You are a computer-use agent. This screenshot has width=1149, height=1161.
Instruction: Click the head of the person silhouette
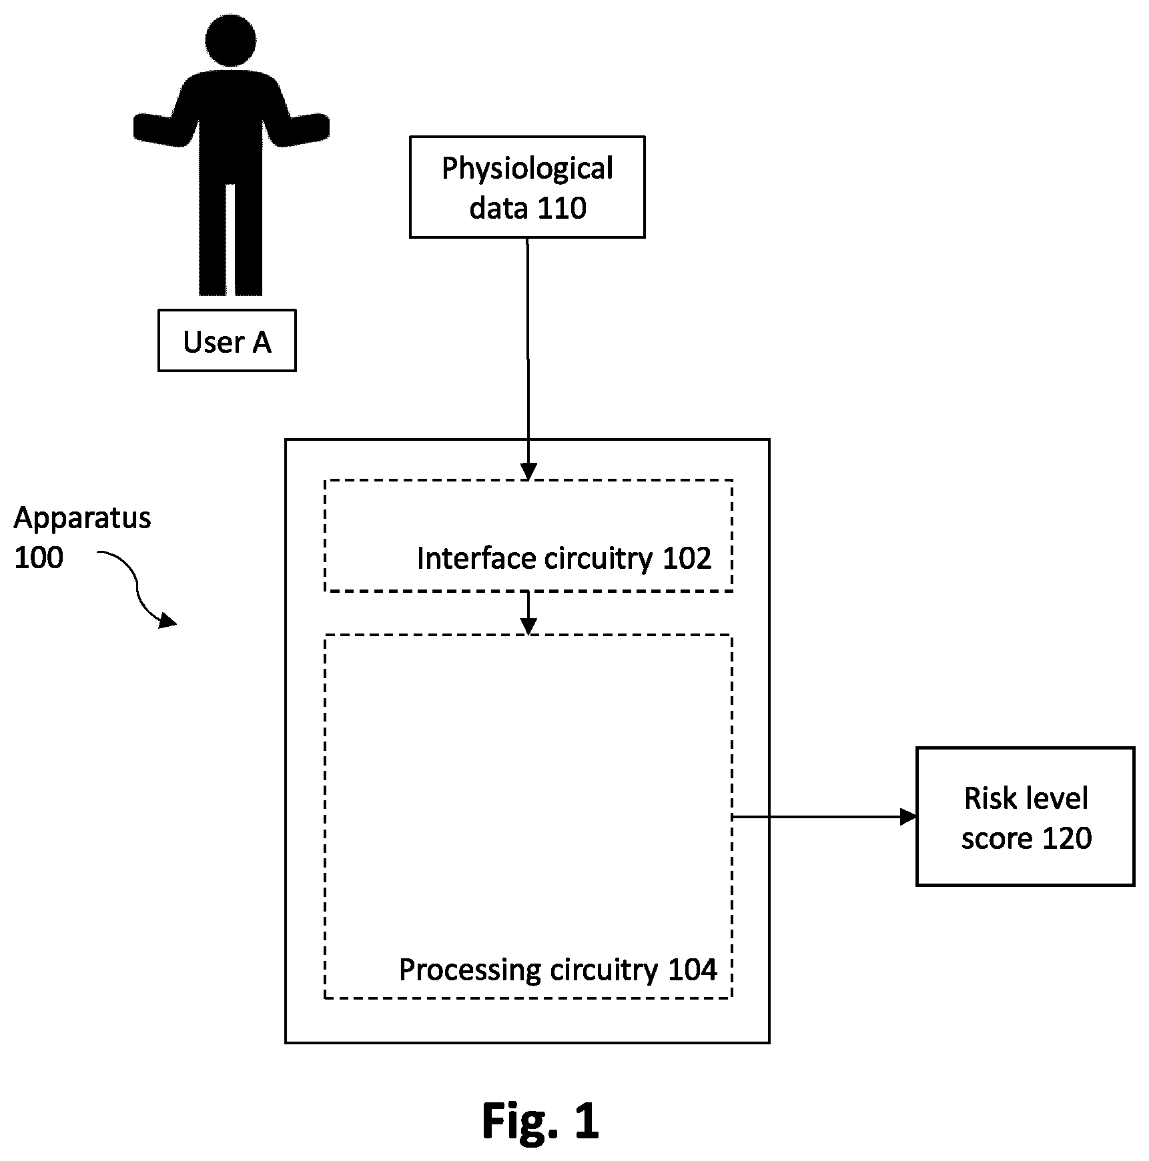[231, 40]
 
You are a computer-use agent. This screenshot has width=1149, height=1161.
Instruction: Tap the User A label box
[227, 340]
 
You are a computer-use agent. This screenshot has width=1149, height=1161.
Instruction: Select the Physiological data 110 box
[527, 187]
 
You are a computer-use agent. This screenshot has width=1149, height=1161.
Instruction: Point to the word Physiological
[527, 169]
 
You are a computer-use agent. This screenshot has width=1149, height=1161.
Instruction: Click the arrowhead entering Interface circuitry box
[528, 471]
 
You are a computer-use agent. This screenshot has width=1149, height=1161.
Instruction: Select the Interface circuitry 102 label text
[564, 558]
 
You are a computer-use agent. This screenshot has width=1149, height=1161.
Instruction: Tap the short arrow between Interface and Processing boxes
[528, 613]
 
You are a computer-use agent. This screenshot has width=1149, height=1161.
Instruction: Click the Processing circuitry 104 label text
[558, 970]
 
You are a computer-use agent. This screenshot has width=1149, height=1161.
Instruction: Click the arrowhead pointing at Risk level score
[908, 816]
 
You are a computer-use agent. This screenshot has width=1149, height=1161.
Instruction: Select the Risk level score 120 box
[1026, 816]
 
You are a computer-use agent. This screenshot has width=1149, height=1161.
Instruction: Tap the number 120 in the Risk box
[1066, 838]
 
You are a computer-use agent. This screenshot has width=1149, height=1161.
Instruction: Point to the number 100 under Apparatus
[39, 557]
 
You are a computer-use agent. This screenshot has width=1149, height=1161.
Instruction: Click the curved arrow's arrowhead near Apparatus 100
[167, 620]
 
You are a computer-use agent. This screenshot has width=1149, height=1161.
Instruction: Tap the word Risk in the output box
[986, 798]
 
